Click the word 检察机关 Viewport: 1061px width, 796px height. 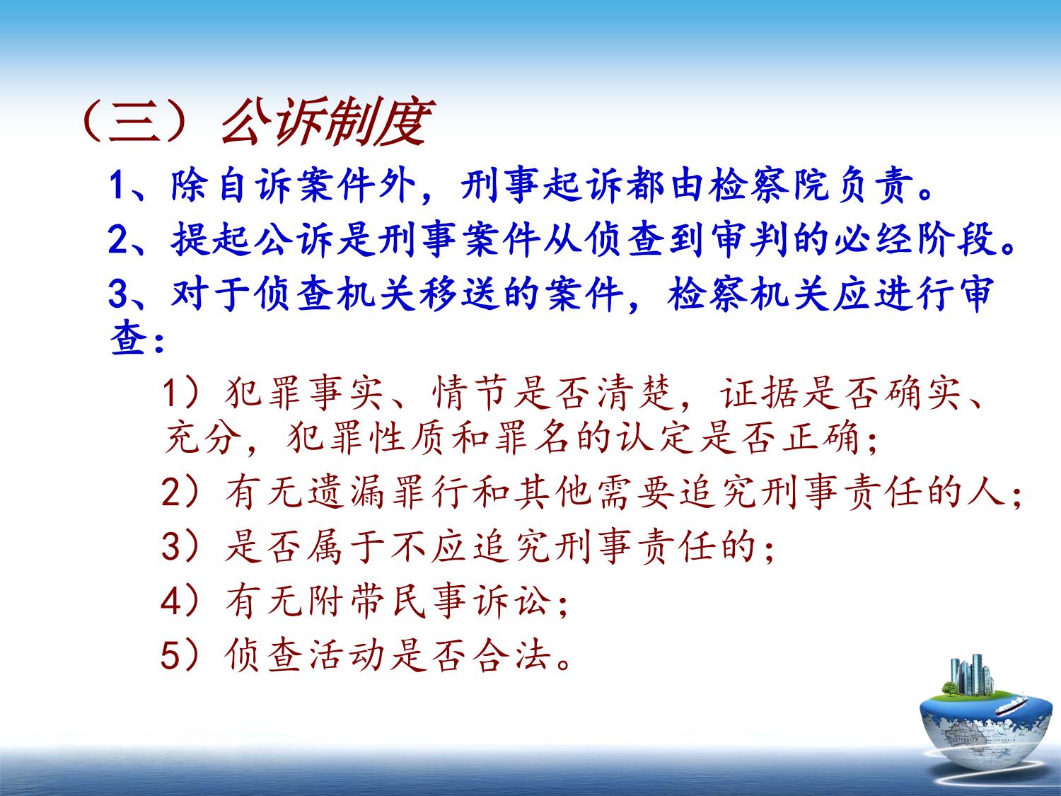coord(748,294)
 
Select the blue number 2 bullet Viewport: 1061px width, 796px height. coord(117,240)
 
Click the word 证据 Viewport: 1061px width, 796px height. coord(759,393)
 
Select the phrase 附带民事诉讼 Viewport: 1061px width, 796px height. coord(387,601)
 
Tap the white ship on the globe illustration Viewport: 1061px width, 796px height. coord(1012,706)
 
